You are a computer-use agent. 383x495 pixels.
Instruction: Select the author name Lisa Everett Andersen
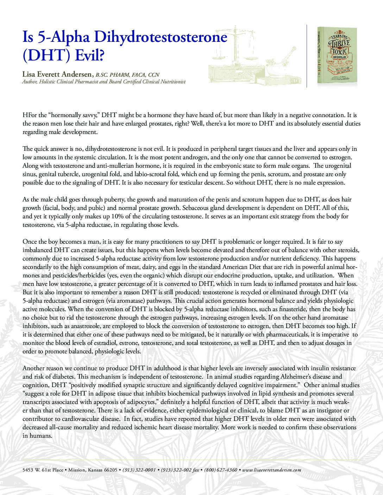point(58,75)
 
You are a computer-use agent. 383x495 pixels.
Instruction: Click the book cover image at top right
point(337,56)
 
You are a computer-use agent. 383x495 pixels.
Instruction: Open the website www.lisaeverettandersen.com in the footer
point(272,470)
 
